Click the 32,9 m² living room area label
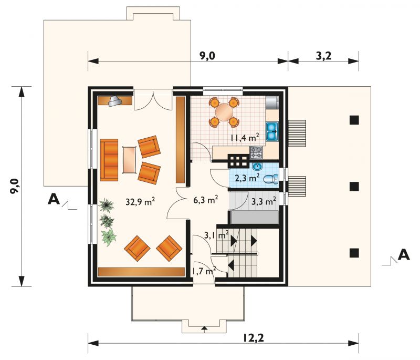click(x=140, y=201)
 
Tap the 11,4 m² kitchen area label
click(x=245, y=138)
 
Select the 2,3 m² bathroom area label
click(x=247, y=178)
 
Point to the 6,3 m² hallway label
click(x=205, y=199)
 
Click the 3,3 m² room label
click(x=264, y=201)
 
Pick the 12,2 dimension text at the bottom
click(x=254, y=338)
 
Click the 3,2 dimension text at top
click(x=323, y=56)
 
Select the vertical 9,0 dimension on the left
click(x=15, y=186)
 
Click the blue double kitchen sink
click(x=272, y=131)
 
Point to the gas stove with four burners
click(x=256, y=153)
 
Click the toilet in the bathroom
click(x=271, y=179)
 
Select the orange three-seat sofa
click(x=109, y=160)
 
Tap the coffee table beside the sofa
click(x=129, y=160)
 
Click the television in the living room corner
click(x=115, y=101)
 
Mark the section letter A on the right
click(x=404, y=255)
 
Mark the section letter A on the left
click(x=54, y=199)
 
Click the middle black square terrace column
click(x=354, y=186)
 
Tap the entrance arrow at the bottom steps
click(x=204, y=328)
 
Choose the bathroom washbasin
click(x=257, y=167)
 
